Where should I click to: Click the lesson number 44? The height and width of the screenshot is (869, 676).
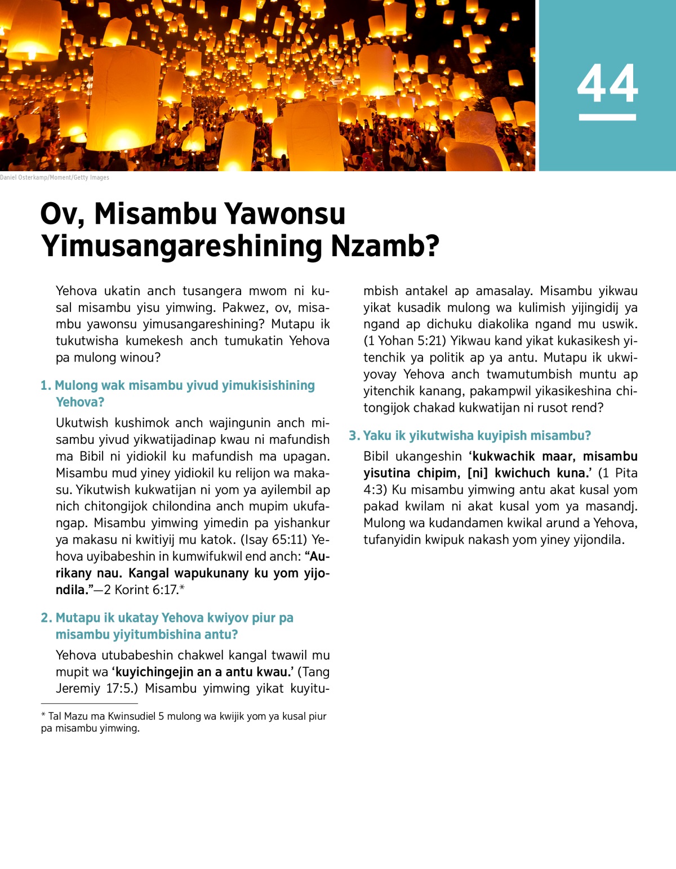607,83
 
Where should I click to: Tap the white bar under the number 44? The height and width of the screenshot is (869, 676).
607,117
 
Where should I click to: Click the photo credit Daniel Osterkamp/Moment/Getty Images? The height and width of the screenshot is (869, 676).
55,177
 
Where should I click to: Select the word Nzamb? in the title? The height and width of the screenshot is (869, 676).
385,246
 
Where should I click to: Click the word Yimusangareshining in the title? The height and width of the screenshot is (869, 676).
181,246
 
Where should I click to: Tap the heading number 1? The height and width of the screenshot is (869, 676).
45,386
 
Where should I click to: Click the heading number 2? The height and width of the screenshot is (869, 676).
46,618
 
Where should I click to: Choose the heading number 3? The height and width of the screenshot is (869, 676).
353,436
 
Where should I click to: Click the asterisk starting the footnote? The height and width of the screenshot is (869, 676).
43,715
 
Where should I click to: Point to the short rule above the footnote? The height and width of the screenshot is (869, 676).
89,703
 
